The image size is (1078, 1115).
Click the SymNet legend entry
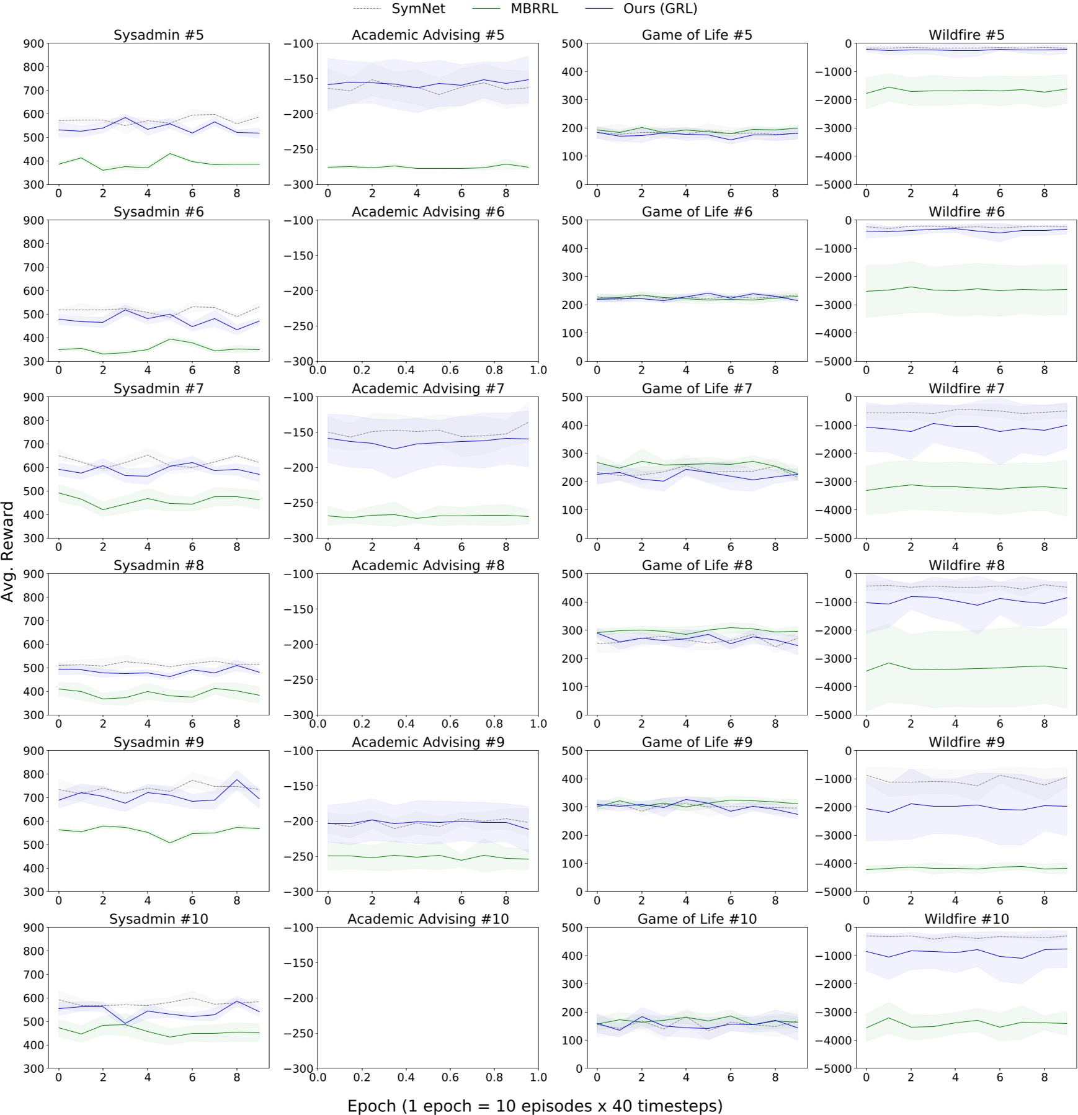[x=418, y=9]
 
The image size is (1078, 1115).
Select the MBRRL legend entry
[x=534, y=9]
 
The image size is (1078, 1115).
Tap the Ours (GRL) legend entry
[x=660, y=9]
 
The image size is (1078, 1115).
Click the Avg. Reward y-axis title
[x=8, y=551]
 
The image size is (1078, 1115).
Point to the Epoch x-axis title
[x=535, y=1105]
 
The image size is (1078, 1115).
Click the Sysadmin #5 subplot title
[x=158, y=35]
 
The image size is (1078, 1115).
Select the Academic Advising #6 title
[x=428, y=212]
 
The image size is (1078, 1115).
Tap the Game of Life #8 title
[x=697, y=565]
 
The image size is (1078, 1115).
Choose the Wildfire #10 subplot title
[x=966, y=919]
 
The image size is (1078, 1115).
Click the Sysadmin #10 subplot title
[x=158, y=919]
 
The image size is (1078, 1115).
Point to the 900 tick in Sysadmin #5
[x=34, y=43]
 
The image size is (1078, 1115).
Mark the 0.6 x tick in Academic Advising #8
[x=450, y=723]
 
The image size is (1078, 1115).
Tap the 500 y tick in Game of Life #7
[x=572, y=397]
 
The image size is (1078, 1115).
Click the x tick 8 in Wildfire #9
[x=1045, y=900]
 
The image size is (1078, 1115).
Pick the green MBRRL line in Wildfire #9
[x=955, y=867]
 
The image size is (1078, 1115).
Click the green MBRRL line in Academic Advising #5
[x=417, y=168]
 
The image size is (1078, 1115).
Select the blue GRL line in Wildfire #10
[x=955, y=952]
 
